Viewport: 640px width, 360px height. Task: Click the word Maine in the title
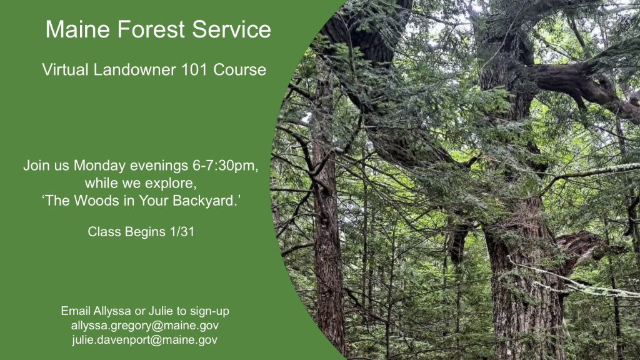click(x=78, y=29)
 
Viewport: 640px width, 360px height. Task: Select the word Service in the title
click(x=231, y=29)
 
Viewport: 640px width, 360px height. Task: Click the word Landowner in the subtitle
click(x=135, y=69)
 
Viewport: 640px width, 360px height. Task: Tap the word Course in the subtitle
click(x=239, y=69)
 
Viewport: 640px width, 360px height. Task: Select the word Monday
click(x=99, y=166)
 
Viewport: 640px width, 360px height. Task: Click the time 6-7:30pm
click(x=225, y=166)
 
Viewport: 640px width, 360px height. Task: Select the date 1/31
click(x=182, y=232)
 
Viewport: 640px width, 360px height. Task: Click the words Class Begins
click(x=126, y=232)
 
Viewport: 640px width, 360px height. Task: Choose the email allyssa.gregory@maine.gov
click(x=145, y=326)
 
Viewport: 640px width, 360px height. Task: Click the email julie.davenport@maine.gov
click(x=145, y=340)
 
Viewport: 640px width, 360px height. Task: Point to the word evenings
click(x=159, y=166)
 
